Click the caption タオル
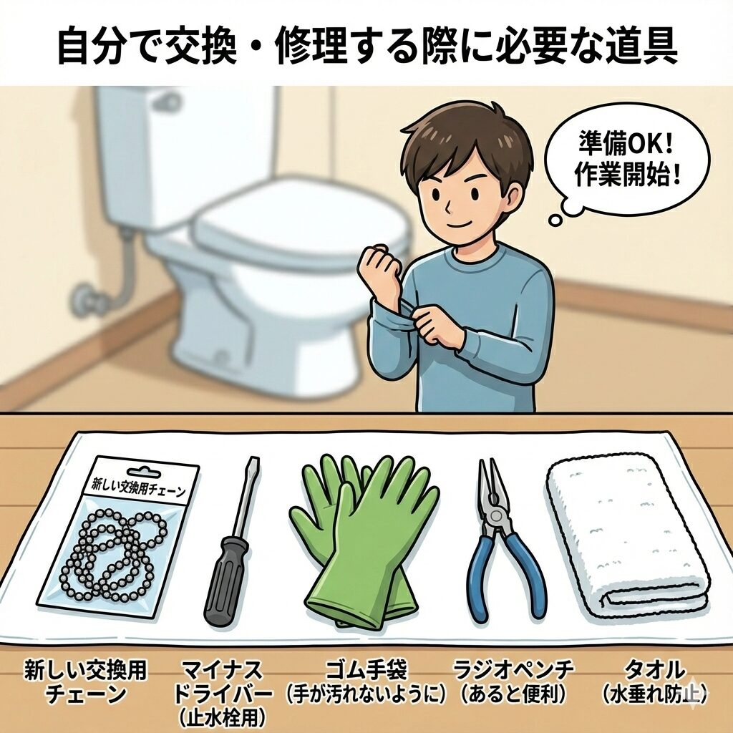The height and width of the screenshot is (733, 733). pos(654,669)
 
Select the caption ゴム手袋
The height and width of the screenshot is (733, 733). pos(366,669)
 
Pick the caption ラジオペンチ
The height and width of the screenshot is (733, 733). pos(513,669)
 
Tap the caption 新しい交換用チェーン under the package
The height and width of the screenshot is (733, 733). pos(86,681)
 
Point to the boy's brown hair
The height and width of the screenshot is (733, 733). pos(467,140)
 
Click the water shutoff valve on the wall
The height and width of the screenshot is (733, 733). pos(89,298)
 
